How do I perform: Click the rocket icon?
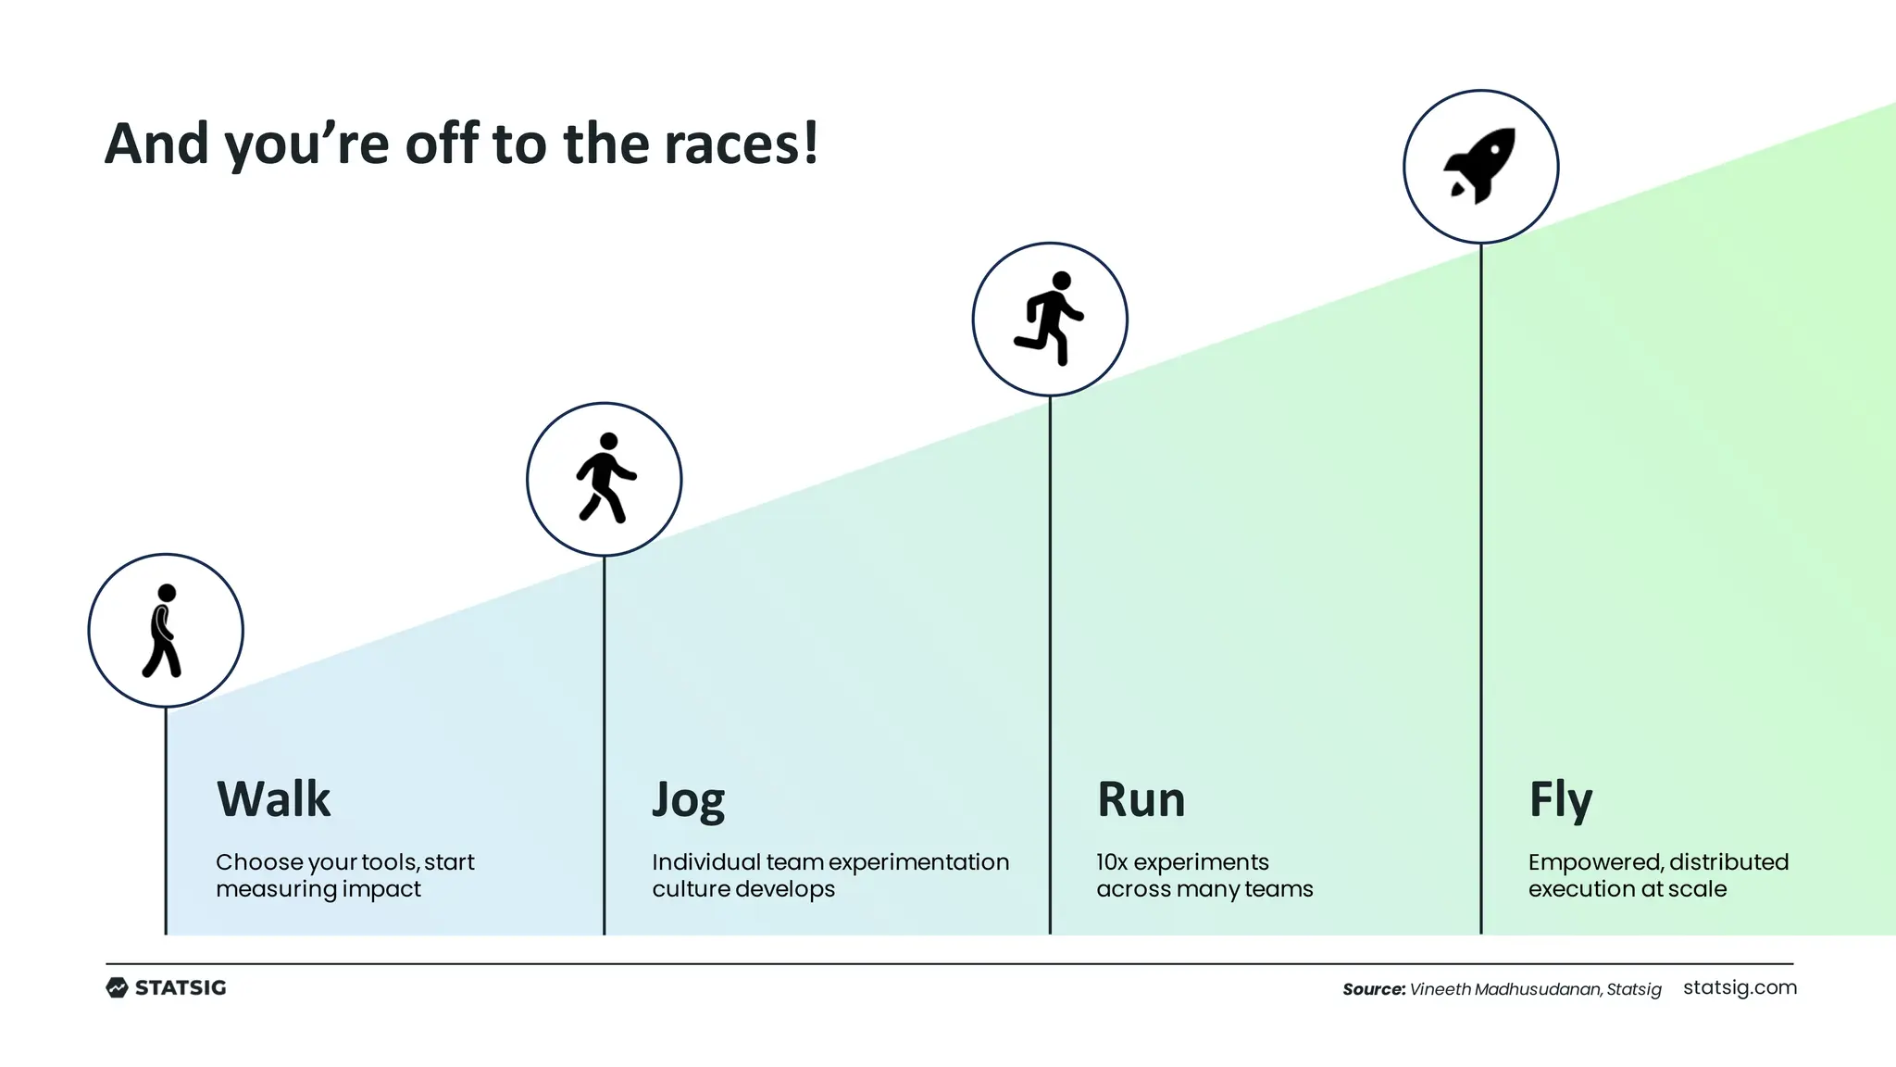pyautogui.click(x=1480, y=166)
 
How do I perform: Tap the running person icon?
pyautogui.click(x=1050, y=319)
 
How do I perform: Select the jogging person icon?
pyautogui.click(x=605, y=478)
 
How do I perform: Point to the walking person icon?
pyautogui.click(x=165, y=631)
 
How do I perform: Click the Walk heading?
pyautogui.click(x=273, y=798)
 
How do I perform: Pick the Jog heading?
pyautogui.click(x=688, y=800)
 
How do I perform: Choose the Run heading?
pyautogui.click(x=1141, y=798)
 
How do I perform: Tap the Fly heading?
pyautogui.click(x=1560, y=800)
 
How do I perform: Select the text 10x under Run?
pyautogui.click(x=1112, y=862)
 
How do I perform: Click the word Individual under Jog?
pyautogui.click(x=705, y=862)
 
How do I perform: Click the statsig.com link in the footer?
pyautogui.click(x=1740, y=987)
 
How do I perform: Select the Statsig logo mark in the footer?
pyautogui.click(x=117, y=987)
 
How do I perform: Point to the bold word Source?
pyautogui.click(x=1373, y=989)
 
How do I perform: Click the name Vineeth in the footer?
pyautogui.click(x=1440, y=989)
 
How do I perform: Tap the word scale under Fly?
pyautogui.click(x=1697, y=889)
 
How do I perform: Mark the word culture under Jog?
pyautogui.click(x=686, y=889)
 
